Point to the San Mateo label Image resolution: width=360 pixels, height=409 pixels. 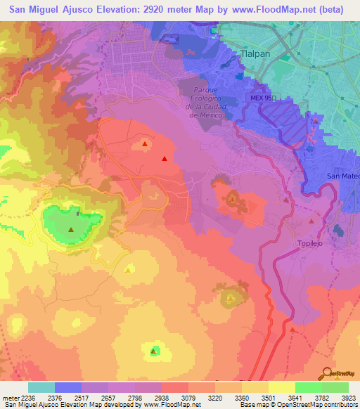click(343, 176)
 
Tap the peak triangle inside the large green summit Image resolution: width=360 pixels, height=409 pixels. click(71, 229)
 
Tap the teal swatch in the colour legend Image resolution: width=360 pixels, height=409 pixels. click(41, 387)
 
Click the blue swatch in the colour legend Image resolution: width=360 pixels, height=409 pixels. click(67, 387)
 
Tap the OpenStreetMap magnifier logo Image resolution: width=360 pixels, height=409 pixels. click(329, 372)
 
